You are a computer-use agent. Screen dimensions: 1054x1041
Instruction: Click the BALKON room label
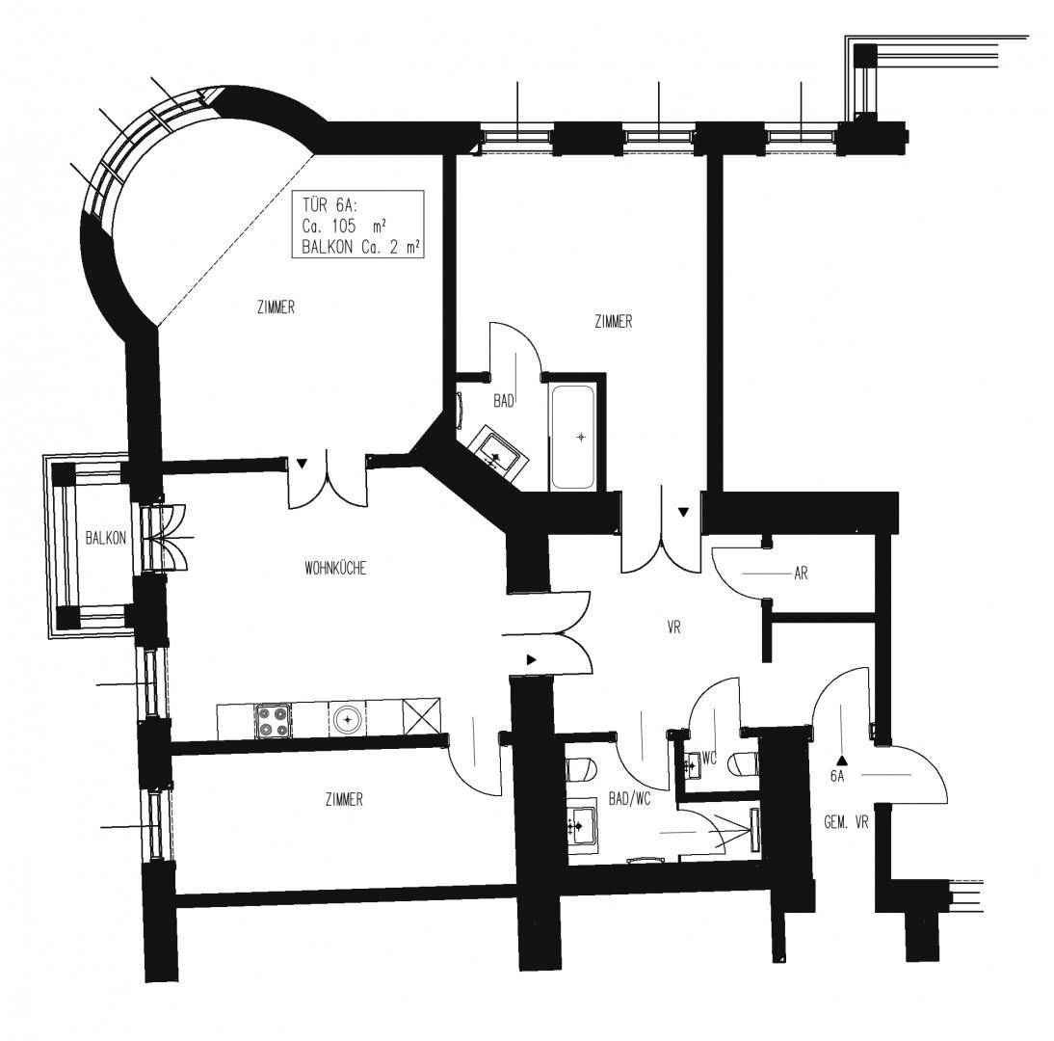(106, 538)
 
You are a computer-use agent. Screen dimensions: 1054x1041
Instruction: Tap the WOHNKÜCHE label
(335, 569)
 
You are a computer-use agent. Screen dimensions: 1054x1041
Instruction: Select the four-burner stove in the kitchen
(274, 721)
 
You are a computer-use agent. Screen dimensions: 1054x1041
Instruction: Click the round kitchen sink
(348, 721)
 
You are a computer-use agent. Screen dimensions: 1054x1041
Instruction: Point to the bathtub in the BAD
(572, 437)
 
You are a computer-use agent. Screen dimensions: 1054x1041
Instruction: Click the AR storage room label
(801, 574)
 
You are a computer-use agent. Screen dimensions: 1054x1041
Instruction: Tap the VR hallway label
(674, 627)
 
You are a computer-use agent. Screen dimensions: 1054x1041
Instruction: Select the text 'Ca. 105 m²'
(344, 226)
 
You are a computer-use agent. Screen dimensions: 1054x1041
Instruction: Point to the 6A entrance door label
(837, 776)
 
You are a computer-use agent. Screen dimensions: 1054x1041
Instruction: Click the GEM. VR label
(846, 822)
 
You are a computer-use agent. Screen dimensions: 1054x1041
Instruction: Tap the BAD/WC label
(629, 800)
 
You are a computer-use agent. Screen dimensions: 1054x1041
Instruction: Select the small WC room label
(709, 759)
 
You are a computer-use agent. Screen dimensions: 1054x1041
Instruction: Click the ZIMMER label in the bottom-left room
(344, 800)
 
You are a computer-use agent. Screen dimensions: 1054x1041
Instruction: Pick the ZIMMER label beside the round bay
(276, 307)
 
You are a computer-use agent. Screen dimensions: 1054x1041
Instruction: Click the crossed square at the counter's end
(421, 717)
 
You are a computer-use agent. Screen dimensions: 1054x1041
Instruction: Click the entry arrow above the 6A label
(842, 761)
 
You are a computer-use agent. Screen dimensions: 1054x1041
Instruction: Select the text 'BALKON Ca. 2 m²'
(361, 247)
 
